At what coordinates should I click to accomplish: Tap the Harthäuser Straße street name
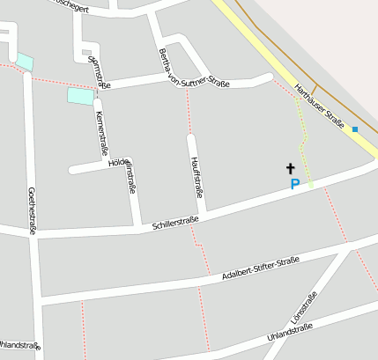click(319, 103)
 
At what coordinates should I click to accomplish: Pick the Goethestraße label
click(32, 211)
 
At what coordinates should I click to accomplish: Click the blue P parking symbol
click(295, 185)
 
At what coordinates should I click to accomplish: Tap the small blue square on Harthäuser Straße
click(355, 129)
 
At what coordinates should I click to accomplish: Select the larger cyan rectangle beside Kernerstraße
click(80, 96)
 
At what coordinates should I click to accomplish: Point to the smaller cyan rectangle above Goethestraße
click(25, 62)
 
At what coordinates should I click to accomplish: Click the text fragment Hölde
click(116, 164)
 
